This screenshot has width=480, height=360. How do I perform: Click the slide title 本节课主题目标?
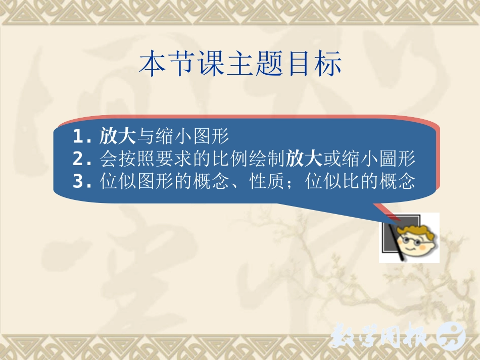[x=241, y=64]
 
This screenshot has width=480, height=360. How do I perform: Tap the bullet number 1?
[x=79, y=136]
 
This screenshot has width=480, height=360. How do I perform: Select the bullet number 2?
[x=79, y=160]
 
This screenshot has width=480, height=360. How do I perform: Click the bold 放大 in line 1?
[x=118, y=136]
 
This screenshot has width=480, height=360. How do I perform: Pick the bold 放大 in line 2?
[x=304, y=160]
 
